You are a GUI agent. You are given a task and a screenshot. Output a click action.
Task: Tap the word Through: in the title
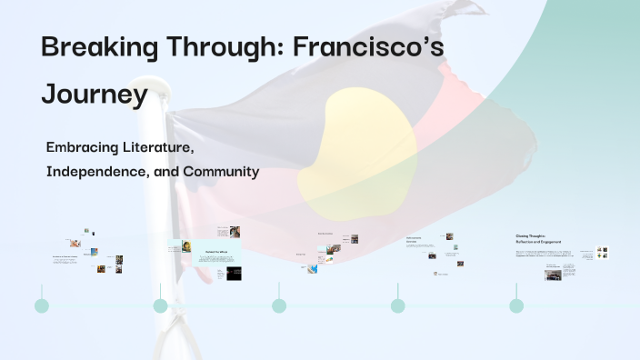tap(227, 48)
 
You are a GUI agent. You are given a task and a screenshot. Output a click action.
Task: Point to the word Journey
tap(95, 94)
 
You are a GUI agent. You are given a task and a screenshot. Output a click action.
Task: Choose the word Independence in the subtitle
tap(96, 171)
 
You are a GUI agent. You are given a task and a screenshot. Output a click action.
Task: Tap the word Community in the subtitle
tap(222, 171)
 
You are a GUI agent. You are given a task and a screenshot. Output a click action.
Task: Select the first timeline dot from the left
tap(42, 305)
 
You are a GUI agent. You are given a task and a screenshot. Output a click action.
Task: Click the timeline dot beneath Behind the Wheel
tap(160, 305)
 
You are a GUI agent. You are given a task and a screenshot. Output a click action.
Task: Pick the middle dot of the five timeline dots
tap(279, 305)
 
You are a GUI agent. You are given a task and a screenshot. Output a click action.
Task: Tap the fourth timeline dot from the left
tap(397, 305)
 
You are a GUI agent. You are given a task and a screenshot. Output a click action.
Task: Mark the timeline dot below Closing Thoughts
tap(516, 305)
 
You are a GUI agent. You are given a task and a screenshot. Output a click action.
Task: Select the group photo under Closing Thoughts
tap(553, 274)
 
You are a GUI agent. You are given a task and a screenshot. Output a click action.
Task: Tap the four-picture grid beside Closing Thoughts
tap(602, 253)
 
